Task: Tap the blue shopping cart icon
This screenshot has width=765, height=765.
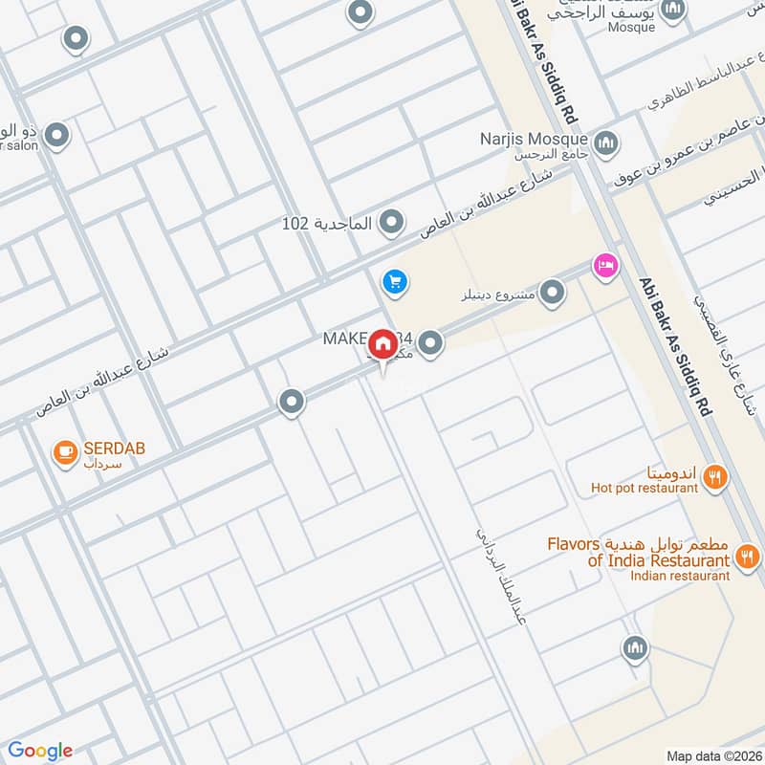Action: coord(393,281)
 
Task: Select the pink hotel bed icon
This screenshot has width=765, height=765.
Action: coord(604,264)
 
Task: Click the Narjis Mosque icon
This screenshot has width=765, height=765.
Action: coord(604,144)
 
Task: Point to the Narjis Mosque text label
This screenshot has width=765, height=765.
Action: coord(531,137)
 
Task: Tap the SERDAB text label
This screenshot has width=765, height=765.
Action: coord(113,448)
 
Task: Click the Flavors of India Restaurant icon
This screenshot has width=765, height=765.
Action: coord(748,556)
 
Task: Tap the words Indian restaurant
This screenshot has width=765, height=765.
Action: coord(680,576)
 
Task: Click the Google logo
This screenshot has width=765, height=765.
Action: coord(40,751)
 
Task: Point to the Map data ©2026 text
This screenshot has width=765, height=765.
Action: coord(712,755)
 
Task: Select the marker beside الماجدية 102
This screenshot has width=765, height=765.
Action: coord(390,223)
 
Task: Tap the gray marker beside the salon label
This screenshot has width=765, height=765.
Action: coord(56,136)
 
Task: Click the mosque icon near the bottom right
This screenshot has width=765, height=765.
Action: coord(634,650)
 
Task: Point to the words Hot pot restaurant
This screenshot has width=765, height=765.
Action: coord(644,489)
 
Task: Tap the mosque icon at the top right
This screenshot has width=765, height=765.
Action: coord(673,10)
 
